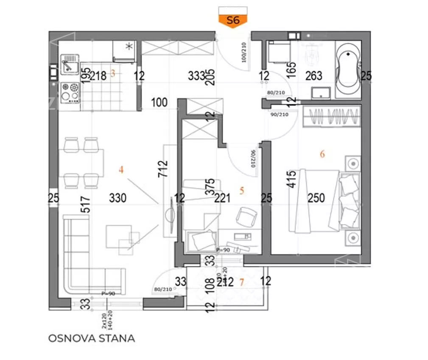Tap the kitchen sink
pos(69,65)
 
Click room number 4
pos(121,170)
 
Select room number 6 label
pos(322,154)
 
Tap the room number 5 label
pos(242,191)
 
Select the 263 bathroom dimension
pos(314,76)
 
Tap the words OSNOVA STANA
pos(92,338)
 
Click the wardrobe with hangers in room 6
pos(332,117)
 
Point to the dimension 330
pos(117,198)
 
